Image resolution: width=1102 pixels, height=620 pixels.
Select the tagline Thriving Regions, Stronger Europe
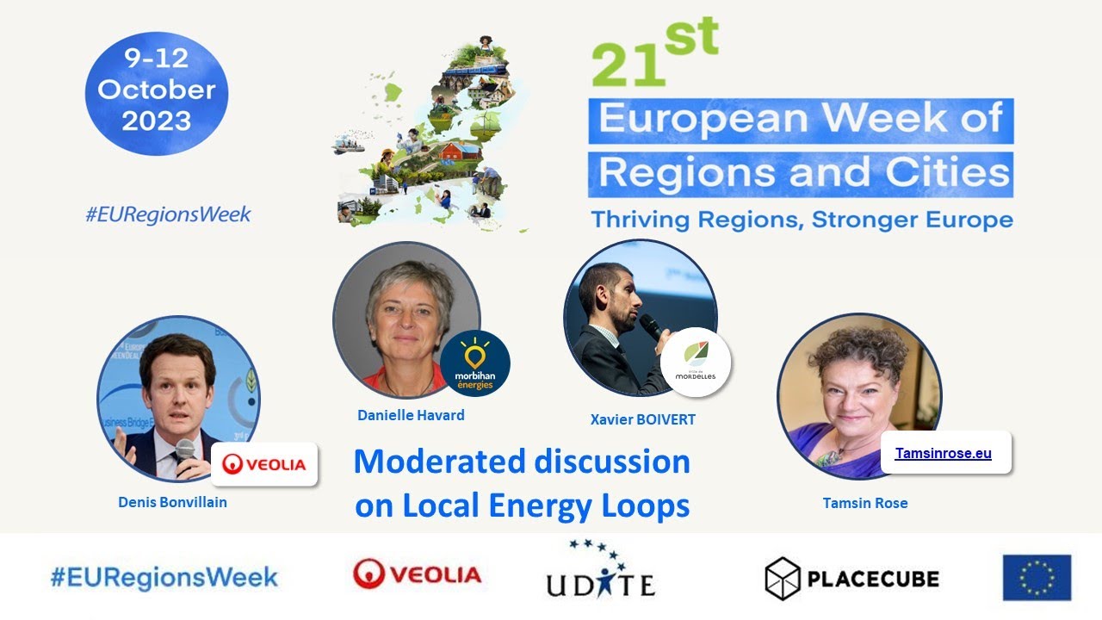pos(801,219)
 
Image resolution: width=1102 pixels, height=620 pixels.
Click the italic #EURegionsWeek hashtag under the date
pos(168,214)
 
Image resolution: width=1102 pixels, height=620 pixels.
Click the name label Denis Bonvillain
pos(172,501)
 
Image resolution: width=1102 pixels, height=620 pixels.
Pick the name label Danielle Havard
pos(411,415)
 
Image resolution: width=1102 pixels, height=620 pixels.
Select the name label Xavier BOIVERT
pos(642,419)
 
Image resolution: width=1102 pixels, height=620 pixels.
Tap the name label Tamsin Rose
pos(864,503)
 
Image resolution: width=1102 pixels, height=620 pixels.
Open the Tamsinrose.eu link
pos(943,453)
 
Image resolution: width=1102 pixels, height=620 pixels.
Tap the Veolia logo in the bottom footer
pos(417,574)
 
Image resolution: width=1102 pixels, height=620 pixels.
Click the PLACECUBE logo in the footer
pos(851,578)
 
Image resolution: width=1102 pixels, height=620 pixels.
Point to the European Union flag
pos(1037,577)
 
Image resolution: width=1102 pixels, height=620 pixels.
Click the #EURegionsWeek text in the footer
pos(164,577)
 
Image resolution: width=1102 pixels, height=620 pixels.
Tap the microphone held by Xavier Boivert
pos(652,326)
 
